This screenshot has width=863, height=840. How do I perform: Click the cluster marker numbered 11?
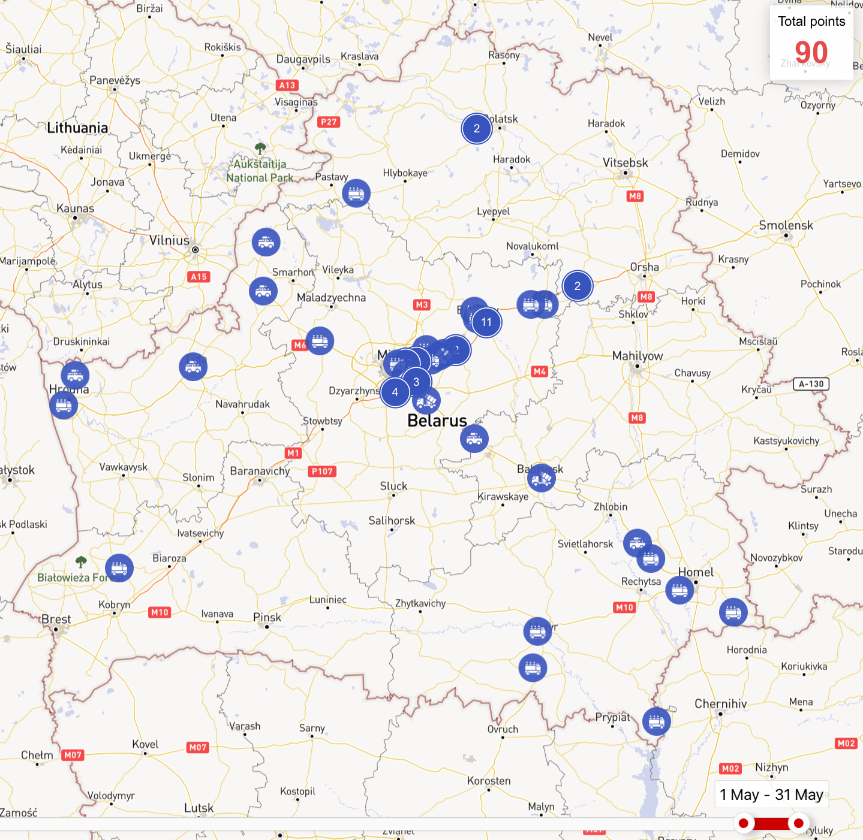486,322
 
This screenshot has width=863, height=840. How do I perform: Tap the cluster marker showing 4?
395,392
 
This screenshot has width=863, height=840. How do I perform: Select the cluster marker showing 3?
416,382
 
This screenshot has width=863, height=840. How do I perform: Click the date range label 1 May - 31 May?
771,794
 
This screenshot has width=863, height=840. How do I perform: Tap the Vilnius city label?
169,241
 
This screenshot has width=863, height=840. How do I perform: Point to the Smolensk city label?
786,225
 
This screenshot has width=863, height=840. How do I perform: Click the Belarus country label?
437,421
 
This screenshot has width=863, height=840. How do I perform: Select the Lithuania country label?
77,128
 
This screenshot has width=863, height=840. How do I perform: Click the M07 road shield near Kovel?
198,747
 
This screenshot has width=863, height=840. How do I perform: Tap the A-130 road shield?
811,384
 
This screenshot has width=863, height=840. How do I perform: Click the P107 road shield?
322,472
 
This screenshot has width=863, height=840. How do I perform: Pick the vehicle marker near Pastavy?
356,194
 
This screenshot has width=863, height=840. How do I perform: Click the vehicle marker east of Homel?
733,612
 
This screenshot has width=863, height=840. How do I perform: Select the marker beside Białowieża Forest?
119,568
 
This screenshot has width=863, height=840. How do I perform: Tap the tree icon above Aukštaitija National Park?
260,147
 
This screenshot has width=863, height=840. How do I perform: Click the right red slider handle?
798,823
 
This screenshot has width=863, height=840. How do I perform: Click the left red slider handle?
744,823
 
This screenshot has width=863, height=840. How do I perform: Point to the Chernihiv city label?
720,704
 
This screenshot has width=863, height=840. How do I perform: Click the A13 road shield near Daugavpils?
287,85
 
